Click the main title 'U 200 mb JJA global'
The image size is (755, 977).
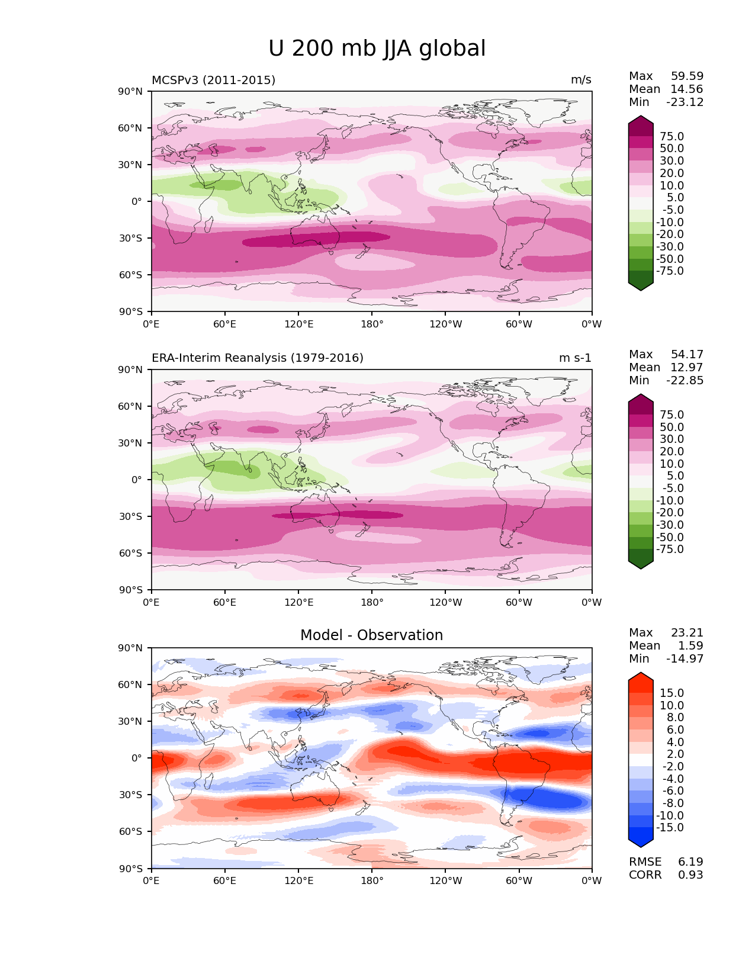click(377, 49)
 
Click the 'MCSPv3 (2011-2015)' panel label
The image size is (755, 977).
click(213, 80)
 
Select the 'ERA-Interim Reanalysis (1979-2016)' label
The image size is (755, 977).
click(258, 358)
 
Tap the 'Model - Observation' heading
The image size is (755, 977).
click(371, 635)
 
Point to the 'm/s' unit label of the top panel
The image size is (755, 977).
click(581, 80)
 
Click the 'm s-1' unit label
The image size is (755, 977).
click(575, 358)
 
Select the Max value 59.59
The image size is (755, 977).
click(687, 76)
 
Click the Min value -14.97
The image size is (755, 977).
click(685, 659)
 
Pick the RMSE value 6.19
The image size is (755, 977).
click(690, 862)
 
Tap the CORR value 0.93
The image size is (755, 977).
click(690, 875)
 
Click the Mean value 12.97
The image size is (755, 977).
click(687, 368)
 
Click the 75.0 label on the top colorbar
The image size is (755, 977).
click(672, 137)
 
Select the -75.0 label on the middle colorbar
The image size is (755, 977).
click(670, 549)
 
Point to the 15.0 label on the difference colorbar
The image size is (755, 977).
click(672, 693)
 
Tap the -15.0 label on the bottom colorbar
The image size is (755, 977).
click(670, 828)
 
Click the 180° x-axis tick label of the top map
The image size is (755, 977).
click(372, 324)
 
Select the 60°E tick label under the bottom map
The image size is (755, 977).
click(225, 881)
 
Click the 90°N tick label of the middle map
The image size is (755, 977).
click(131, 370)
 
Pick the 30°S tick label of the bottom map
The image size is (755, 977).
click(131, 795)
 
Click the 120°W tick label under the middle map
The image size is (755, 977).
click(445, 603)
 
